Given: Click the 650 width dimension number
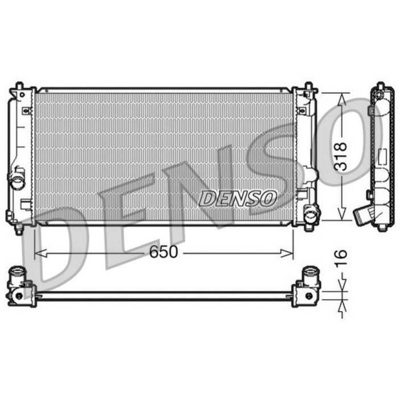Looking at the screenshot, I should tap(164, 252).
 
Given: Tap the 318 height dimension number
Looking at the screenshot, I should tap(341, 156).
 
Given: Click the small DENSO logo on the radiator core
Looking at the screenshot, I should tap(238, 198).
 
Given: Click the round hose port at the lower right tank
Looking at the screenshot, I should tap(311, 215).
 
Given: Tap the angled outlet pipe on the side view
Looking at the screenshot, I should tap(362, 215).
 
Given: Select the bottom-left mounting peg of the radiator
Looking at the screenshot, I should tap(19, 229).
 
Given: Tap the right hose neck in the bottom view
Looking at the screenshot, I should tap(310, 273).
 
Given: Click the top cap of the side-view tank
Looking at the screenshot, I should tap(379, 87).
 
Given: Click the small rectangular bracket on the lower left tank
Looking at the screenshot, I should tap(26, 203).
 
